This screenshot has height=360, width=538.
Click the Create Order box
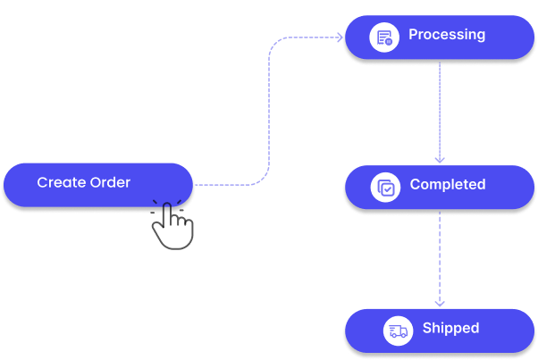97,184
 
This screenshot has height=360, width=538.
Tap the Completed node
439,187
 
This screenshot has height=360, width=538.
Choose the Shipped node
439,330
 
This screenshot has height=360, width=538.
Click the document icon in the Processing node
384,38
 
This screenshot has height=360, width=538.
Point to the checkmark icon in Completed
385,187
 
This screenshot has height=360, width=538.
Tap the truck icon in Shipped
398,331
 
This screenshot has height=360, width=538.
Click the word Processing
447,35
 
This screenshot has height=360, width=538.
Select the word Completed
447,185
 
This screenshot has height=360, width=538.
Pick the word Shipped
450,328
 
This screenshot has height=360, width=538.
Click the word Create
60,183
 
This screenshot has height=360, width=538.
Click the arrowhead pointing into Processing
340,38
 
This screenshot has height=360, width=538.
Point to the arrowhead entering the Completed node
440,159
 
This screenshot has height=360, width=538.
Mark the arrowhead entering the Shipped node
440,304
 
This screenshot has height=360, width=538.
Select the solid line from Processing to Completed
440,107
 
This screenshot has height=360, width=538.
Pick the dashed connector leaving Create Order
223,185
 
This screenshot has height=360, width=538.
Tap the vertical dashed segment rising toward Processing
269,107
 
